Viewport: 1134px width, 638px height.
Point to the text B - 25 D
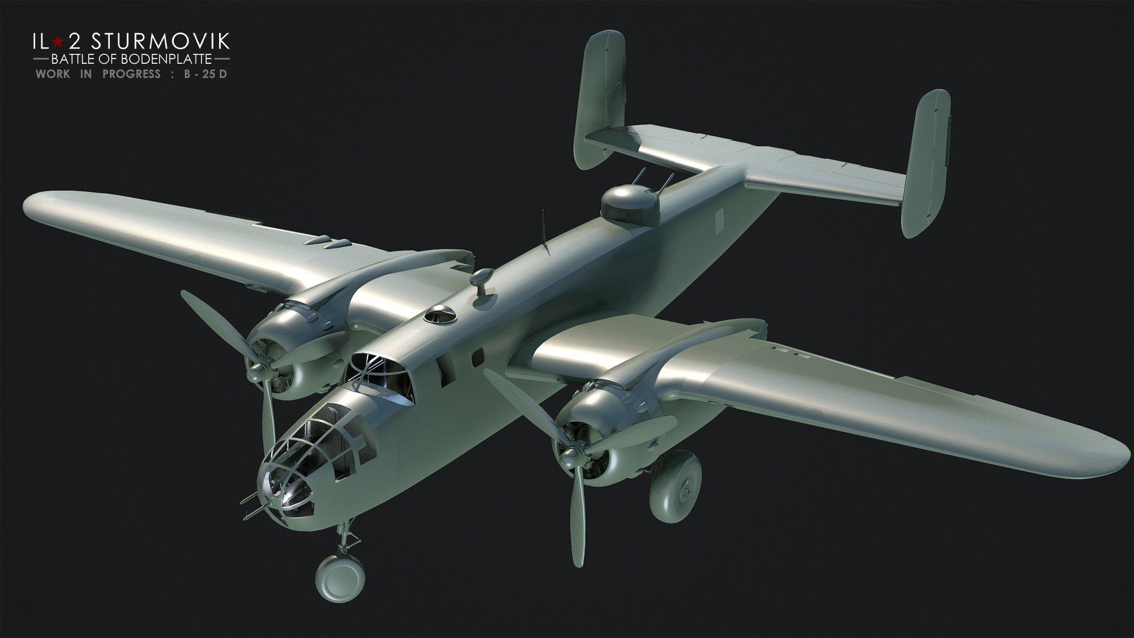pos(214,74)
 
